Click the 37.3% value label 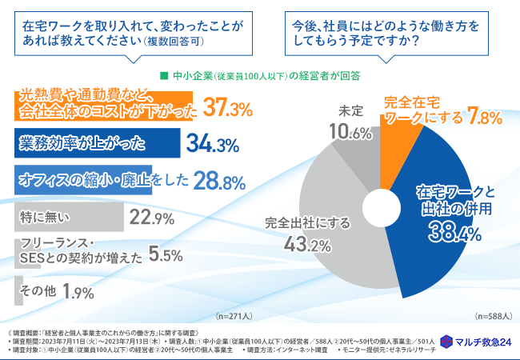click(228, 106)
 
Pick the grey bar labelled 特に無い click(69, 218)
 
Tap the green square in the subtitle click(164, 76)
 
